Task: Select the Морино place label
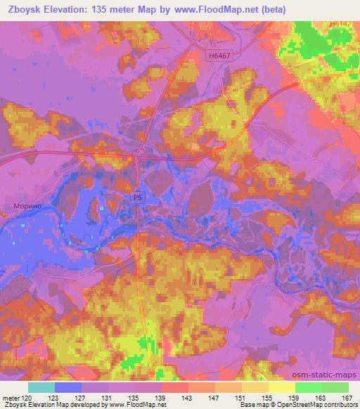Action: [27, 207]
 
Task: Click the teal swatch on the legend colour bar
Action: [41, 387]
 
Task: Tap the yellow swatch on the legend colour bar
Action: [281, 387]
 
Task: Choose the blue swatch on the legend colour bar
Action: [67, 387]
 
